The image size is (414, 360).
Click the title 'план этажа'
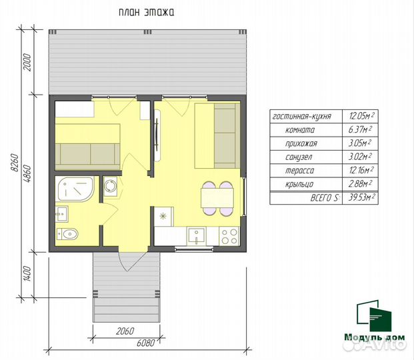tap(146, 13)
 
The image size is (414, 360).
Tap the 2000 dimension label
tap(27, 62)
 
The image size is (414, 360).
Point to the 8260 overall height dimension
tap(15, 163)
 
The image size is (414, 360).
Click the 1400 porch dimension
tap(27, 273)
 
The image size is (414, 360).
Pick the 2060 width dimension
tap(125, 331)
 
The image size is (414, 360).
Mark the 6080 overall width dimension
tap(145, 343)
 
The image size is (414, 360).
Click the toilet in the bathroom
tap(67, 234)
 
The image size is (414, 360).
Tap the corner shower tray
tap(75, 189)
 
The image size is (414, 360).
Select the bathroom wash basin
tap(62, 214)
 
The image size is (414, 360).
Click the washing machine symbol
tap(111, 186)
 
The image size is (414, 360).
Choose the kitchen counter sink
tap(197, 236)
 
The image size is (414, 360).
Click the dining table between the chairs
tap(217, 198)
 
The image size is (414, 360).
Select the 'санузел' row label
tap(299, 157)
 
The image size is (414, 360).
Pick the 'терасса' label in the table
tap(300, 171)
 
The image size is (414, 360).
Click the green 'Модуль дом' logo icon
tap(374, 316)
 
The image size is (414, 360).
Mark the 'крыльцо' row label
tap(299, 184)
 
